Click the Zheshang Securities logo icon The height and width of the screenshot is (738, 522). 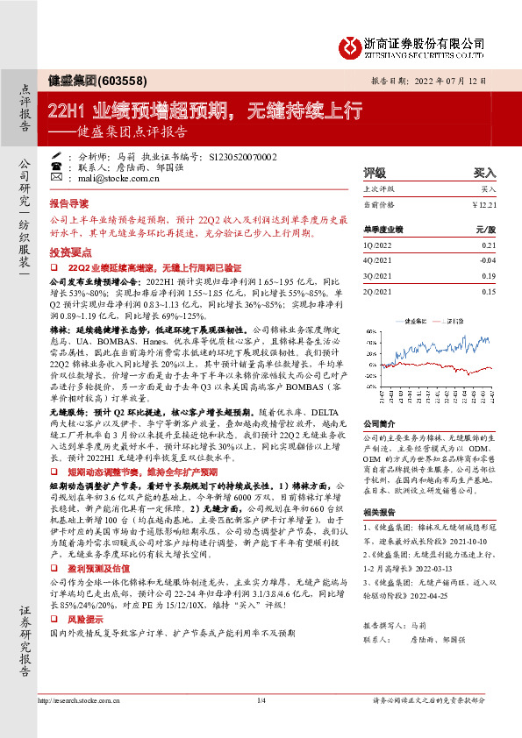coord(350,45)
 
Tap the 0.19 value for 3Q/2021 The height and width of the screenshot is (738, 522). coord(489,274)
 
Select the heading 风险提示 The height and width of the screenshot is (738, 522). coord(84,642)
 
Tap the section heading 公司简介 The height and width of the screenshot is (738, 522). coord(381,422)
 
